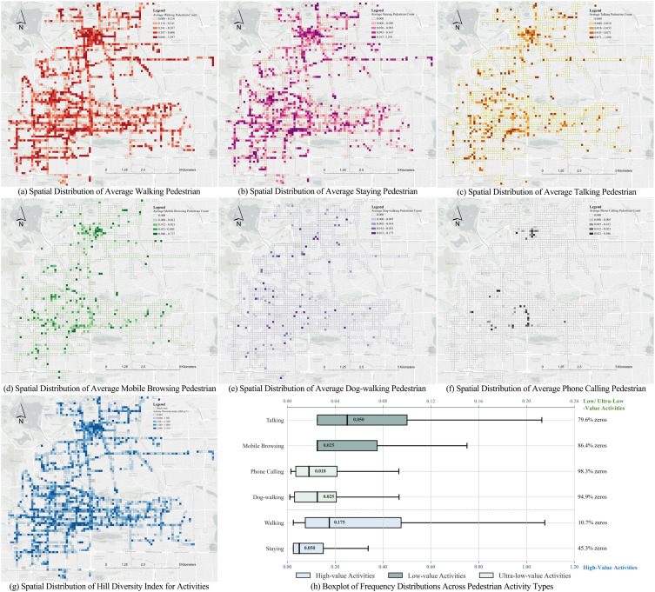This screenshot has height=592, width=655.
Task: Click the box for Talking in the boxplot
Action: pyautogui.click(x=362, y=420)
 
